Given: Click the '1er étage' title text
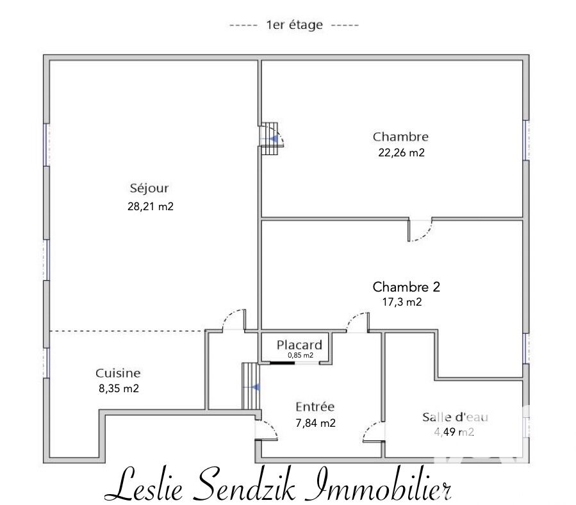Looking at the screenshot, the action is [x=294, y=26].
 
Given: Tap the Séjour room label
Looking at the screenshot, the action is [x=149, y=188].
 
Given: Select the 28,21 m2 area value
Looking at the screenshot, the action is [x=150, y=206].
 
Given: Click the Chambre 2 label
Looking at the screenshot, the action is [x=406, y=286].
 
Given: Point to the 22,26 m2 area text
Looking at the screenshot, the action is [x=401, y=153].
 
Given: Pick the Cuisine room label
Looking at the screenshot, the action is [x=118, y=373].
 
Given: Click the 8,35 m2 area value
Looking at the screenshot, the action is [x=119, y=388].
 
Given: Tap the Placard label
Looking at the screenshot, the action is [x=299, y=345].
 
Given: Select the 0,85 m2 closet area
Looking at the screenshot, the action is [x=300, y=356].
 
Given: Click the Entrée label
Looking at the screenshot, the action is [x=315, y=406].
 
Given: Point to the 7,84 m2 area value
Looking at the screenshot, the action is [x=316, y=423].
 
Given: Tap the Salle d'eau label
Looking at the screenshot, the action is [x=455, y=417].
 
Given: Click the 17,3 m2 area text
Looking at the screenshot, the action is [x=402, y=302].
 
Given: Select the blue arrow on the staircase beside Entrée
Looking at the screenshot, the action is [x=256, y=387].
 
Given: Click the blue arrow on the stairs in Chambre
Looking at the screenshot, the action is [x=274, y=139].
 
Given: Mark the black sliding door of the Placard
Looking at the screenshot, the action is [x=282, y=363].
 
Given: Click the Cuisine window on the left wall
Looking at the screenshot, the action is [x=46, y=363].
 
